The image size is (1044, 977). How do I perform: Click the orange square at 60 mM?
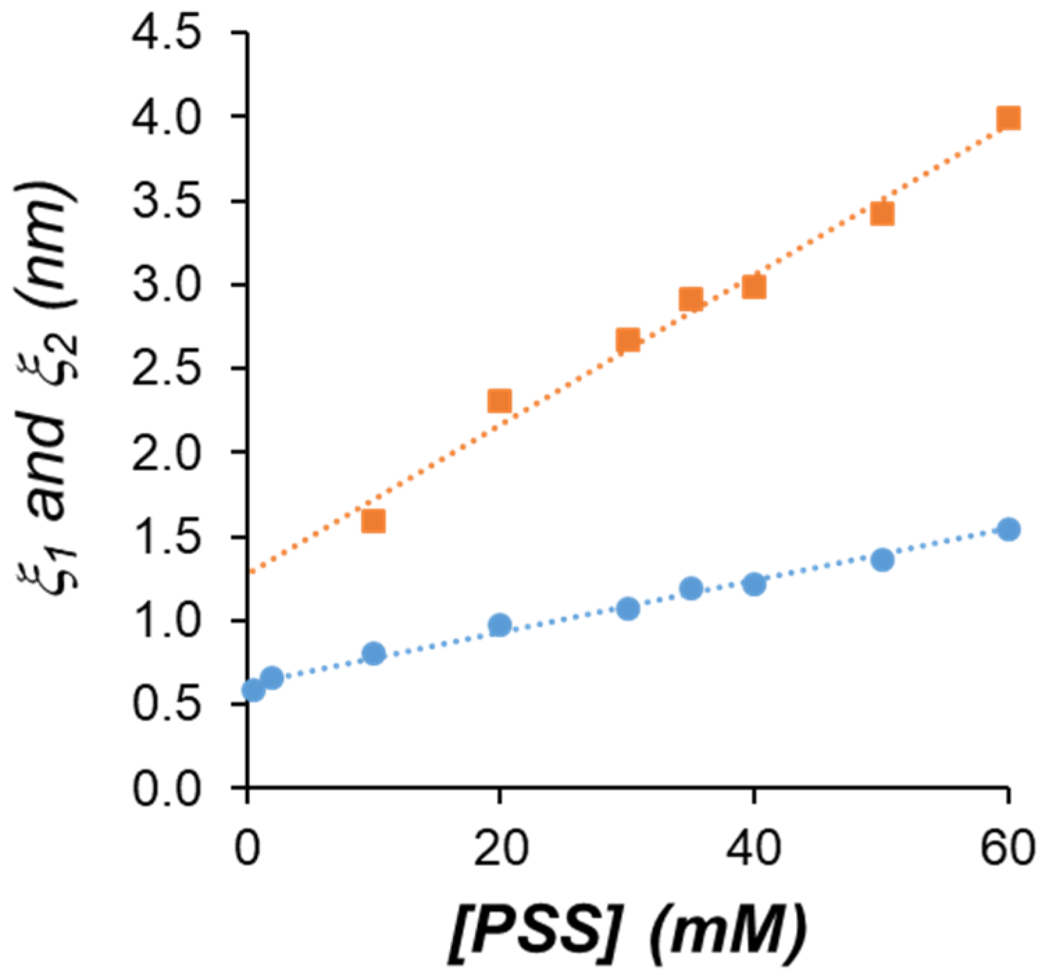tap(1008, 119)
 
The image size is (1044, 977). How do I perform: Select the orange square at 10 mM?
tap(374, 521)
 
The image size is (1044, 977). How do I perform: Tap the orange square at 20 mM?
tap(499, 401)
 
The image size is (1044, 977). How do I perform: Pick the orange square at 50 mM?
tap(881, 214)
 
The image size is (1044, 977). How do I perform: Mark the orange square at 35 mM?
tap(690, 299)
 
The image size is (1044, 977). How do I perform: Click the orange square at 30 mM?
tap(627, 340)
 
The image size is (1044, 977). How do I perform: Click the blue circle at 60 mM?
tap(1009, 529)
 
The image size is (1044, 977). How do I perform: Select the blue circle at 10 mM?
tap(374, 653)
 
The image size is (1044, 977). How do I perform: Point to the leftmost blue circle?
tap(253, 690)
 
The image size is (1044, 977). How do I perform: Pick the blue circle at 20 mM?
tap(499, 625)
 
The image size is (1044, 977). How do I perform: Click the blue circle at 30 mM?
tap(628, 609)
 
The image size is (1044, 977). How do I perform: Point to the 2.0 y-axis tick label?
tap(167, 453)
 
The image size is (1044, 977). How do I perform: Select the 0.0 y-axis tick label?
tap(167, 790)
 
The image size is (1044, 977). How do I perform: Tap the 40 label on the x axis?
tap(754, 849)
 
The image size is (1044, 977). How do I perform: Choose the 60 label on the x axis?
tap(1007, 849)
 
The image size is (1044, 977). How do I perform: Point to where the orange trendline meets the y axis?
tap(249, 573)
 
